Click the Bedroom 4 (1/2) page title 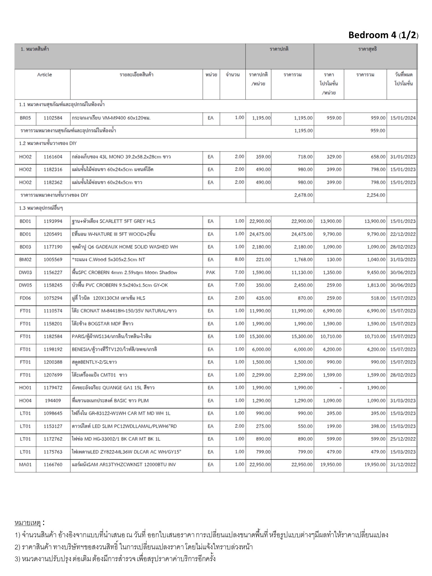coord(383,35)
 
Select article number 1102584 coord(53,118)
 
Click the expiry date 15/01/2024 coord(403,118)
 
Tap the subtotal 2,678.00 coord(303,195)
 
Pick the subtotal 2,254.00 coord(376,195)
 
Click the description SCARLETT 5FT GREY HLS coord(113,221)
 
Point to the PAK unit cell coord(211,273)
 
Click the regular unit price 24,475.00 coord(260,234)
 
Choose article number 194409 coord(53,400)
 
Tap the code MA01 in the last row coord(25,465)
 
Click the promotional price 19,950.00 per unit coord(331,465)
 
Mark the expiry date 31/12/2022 coord(403,465)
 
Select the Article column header coord(44,75)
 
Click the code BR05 coord(25,118)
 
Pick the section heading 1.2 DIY coord(48,143)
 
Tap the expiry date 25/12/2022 coord(403,439)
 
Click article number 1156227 coord(53,273)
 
